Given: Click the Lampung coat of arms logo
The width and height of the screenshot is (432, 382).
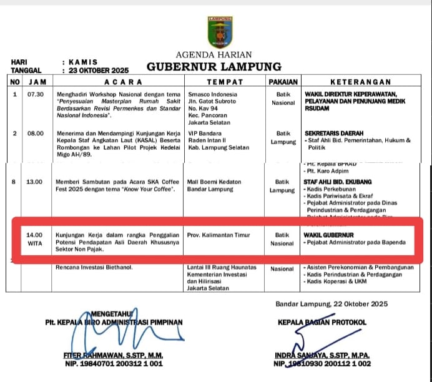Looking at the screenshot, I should [x=219, y=31].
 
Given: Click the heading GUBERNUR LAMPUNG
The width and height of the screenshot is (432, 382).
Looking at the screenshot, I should [x=214, y=67].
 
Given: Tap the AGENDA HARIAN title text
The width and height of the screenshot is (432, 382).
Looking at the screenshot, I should [x=215, y=54].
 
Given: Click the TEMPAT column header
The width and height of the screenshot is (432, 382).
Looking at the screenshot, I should [x=224, y=82].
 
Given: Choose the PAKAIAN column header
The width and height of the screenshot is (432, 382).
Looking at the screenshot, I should [x=283, y=82].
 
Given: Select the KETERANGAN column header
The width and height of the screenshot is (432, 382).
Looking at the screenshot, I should [x=360, y=82].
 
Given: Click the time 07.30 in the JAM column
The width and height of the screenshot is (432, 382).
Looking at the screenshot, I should [x=36, y=94].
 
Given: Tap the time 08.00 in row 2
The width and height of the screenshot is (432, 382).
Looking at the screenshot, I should [x=36, y=133].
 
